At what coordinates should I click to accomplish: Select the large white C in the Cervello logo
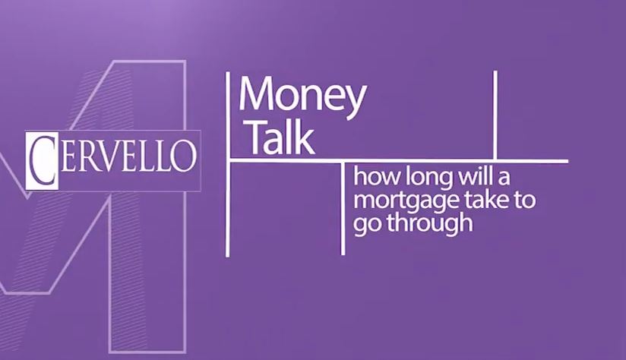tap(42, 160)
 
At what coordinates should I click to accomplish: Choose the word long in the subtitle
tap(429, 177)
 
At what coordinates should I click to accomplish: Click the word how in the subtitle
tap(377, 176)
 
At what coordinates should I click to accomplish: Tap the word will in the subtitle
tap(475, 176)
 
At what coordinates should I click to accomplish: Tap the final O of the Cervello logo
tap(184, 156)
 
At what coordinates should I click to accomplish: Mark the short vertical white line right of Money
tap(495, 115)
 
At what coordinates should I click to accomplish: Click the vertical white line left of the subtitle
tap(343, 208)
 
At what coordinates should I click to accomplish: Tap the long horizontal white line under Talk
tap(398, 161)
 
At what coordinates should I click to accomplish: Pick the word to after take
tap(524, 200)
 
